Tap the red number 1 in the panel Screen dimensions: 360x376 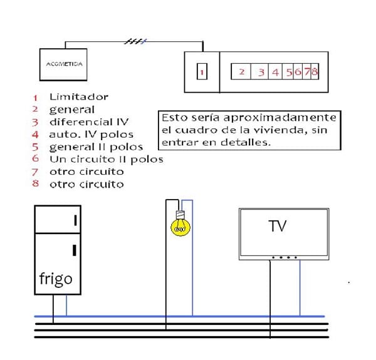[x=202, y=72]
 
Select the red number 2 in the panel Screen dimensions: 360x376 [x=241, y=71]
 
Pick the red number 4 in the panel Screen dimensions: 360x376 [x=274, y=72]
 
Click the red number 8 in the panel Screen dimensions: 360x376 [x=314, y=71]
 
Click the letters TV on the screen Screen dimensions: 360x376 [x=277, y=226]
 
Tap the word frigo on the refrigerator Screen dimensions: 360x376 [x=56, y=279]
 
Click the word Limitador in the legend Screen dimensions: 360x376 [x=79, y=97]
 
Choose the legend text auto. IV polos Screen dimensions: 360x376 [x=91, y=134]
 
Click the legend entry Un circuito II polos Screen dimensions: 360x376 [x=106, y=159]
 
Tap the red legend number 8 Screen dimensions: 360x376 [x=36, y=184]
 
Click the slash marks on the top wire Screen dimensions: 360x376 [x=135, y=42]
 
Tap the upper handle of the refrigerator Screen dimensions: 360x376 [x=75, y=220]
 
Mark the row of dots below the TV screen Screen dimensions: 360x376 [x=284, y=257]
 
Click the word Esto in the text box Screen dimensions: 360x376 [x=172, y=118]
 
